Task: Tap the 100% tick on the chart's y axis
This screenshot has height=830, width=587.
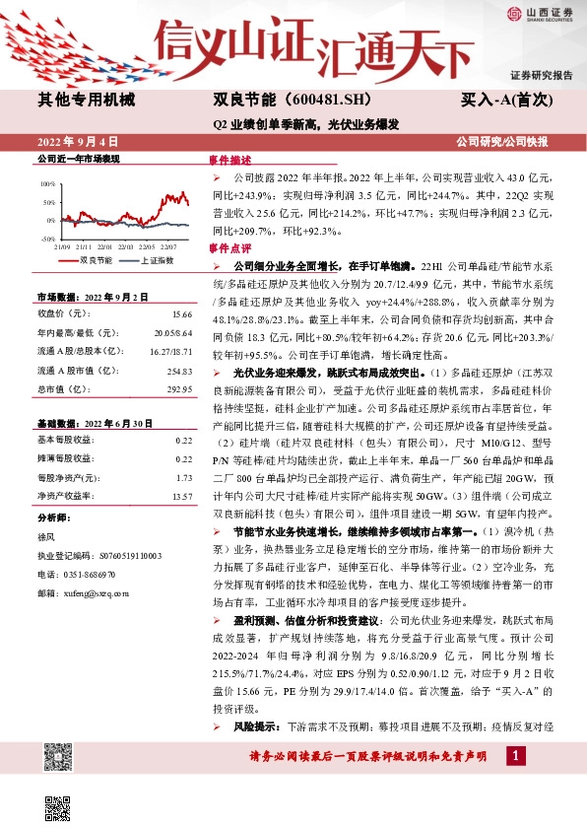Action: [48, 184]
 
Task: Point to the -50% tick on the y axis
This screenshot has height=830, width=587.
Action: [48, 239]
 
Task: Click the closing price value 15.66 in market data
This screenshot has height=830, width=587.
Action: [182, 313]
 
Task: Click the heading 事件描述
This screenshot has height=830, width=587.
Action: [230, 160]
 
